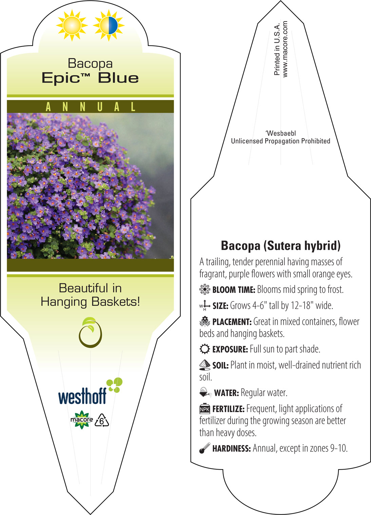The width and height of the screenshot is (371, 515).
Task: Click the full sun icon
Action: pos(72,25)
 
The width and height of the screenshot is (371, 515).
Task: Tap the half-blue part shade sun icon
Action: pos(109,25)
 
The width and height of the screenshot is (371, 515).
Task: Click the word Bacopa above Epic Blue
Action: pos(90,64)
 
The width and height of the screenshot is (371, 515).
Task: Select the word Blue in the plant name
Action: pos(118,78)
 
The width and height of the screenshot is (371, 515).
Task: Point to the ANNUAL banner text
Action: pos(91,107)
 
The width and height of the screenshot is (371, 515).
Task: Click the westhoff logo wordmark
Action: pos(82,396)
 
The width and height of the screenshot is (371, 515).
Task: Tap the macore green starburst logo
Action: pos(82,420)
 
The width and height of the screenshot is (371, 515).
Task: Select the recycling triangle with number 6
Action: pos(102,420)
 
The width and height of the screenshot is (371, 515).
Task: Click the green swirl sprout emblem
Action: pos(91,332)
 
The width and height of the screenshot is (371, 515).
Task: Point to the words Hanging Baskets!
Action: pos(91,302)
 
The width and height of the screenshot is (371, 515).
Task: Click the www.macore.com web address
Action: pos(285,49)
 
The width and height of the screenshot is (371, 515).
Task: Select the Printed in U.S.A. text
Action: pos(277,49)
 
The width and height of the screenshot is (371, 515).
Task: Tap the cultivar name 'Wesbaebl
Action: pos(280,133)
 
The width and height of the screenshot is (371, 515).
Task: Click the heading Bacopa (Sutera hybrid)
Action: pos(280,245)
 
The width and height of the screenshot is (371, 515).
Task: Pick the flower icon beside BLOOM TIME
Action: pos(205,289)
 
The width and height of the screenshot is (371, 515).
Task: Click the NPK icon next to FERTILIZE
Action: pos(205,409)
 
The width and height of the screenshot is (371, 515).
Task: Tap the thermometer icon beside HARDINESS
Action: pos(205,448)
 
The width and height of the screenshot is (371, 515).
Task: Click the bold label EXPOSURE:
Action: pos(230,349)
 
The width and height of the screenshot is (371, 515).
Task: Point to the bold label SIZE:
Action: pos(220,306)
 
